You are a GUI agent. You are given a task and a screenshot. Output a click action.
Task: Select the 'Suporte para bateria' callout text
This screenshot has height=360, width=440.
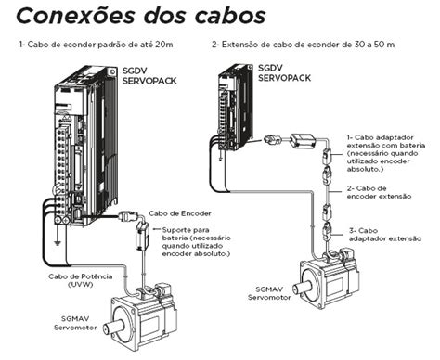click(x=198, y=239)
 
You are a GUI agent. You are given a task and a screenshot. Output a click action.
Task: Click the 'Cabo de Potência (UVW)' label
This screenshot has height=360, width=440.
click(x=75, y=280)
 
